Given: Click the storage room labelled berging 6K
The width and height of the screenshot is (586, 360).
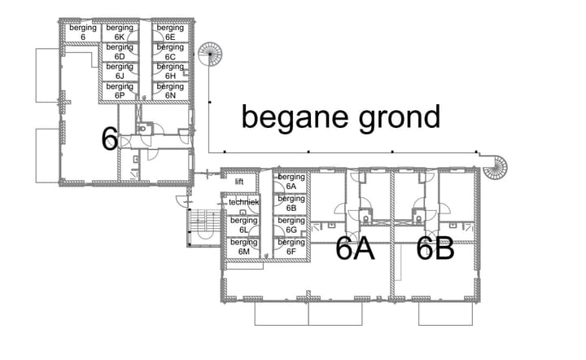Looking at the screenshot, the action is [x=120, y=33].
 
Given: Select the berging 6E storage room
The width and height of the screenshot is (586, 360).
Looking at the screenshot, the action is [x=170, y=33].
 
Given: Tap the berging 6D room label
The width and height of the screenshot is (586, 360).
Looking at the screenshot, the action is [x=120, y=51].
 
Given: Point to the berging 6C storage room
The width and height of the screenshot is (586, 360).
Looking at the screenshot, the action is [x=170, y=52].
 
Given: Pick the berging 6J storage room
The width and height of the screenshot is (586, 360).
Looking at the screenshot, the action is [x=120, y=72].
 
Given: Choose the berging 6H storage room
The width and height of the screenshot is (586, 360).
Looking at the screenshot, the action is [x=170, y=72].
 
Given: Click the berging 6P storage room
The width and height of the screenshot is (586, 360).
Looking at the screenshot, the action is [x=120, y=91].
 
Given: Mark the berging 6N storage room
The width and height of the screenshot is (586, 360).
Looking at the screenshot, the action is [x=170, y=91].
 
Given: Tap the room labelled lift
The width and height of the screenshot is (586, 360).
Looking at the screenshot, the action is [x=239, y=182].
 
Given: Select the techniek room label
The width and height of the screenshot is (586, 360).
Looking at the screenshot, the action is [x=243, y=202].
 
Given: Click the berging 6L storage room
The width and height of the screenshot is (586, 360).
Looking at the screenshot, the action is [x=243, y=226].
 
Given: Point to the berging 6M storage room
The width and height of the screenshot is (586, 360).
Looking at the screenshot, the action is [x=243, y=248].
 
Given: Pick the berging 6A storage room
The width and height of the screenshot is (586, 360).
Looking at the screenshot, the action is [x=291, y=182].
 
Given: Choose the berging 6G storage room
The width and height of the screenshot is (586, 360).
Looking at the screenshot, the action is [x=291, y=226].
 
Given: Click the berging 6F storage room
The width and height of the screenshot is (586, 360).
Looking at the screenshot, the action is [x=291, y=248].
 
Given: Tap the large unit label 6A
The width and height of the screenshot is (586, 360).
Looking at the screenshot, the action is [x=355, y=248].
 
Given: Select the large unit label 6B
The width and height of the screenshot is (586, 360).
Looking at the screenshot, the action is [x=435, y=248].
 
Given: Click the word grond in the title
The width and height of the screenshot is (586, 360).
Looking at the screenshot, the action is [x=400, y=119].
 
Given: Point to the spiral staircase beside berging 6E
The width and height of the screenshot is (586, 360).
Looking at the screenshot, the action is [x=210, y=55].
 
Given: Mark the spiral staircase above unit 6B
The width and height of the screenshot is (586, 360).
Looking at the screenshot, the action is [x=495, y=168].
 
